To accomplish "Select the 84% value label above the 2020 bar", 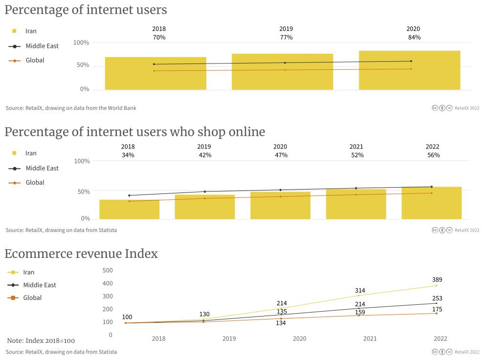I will pyautogui.click(x=414, y=38).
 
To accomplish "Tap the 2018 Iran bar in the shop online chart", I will pyautogui.click(x=129, y=210).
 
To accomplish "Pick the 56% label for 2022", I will pyautogui.click(x=433, y=155).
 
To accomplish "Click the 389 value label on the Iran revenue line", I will pyautogui.click(x=437, y=280).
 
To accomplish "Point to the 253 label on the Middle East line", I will pyautogui.click(x=437, y=298).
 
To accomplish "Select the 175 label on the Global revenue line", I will pyautogui.click(x=437, y=309).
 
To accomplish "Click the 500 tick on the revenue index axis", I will pyautogui.click(x=108, y=271).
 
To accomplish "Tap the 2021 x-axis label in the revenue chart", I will pyautogui.click(x=370, y=339).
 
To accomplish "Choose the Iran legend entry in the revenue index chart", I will pyautogui.click(x=28, y=273).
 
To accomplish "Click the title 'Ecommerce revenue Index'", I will pyautogui.click(x=81, y=254).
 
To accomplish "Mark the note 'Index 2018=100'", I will pyautogui.click(x=41, y=340).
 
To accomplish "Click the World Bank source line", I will pyautogui.click(x=71, y=108).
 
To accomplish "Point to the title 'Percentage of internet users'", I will pyautogui.click(x=86, y=10).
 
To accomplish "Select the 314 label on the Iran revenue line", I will pyautogui.click(x=360, y=291).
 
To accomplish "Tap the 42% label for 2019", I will pyautogui.click(x=205, y=155).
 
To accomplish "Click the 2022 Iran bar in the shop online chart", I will pyautogui.click(x=431, y=203).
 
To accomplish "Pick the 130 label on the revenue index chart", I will pyautogui.click(x=205, y=314).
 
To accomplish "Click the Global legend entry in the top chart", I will pyautogui.click(x=35, y=61).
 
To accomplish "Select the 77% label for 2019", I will pyautogui.click(x=286, y=38).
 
